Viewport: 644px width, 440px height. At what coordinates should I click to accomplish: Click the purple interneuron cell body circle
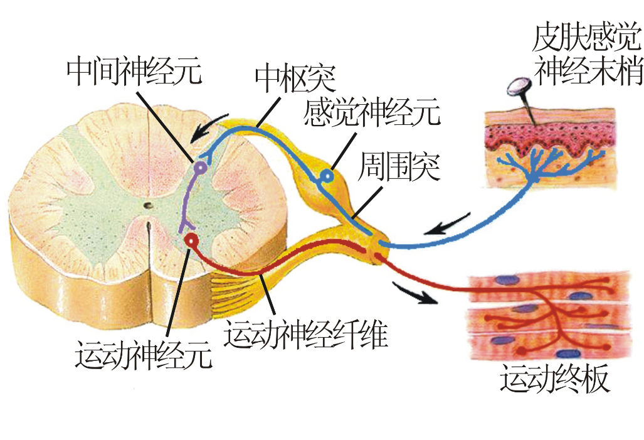[200, 168]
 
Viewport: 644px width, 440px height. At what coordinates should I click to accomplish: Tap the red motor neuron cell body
[191, 240]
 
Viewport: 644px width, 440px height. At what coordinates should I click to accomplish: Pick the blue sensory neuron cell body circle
[325, 178]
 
